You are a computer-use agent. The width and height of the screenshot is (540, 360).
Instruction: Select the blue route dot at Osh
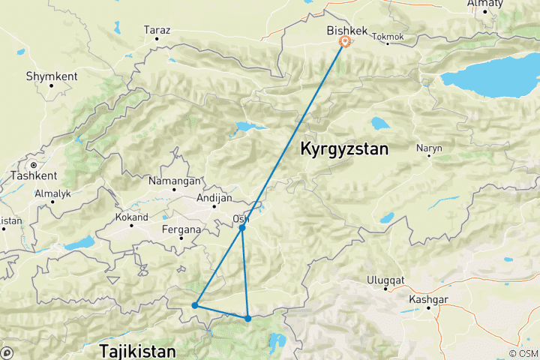point(242,226)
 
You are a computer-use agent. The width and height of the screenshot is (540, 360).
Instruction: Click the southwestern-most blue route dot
point(194,305)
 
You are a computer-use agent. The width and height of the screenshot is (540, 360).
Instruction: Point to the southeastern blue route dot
point(248,319)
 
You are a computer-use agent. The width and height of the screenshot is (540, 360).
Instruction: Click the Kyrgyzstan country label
point(344,149)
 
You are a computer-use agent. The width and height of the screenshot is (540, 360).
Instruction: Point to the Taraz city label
point(157,31)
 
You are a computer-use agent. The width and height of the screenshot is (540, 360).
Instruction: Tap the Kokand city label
point(133,217)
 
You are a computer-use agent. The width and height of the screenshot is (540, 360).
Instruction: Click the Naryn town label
point(430,148)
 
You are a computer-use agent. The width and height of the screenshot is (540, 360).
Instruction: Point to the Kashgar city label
point(424,298)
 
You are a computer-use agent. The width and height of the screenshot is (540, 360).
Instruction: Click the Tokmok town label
point(387,36)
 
